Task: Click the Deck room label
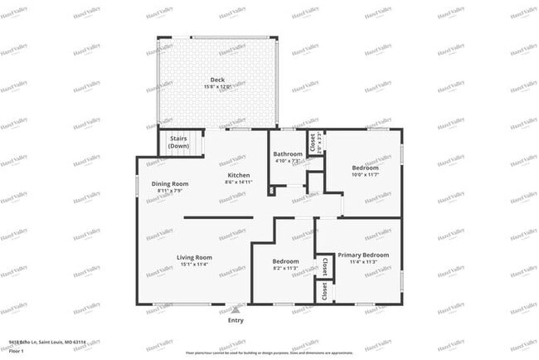(216, 80)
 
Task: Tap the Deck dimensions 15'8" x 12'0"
(216, 87)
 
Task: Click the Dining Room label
(170, 183)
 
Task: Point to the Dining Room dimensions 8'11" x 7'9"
(170, 192)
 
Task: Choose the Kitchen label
(240, 175)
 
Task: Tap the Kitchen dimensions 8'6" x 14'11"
(240, 182)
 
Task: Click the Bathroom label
(288, 153)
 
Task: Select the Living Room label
(194, 257)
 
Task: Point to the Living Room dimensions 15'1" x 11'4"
(194, 265)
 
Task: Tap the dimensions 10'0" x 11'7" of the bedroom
(364, 174)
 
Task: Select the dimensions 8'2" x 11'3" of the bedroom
(285, 268)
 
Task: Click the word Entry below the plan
(236, 320)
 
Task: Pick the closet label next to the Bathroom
(313, 142)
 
